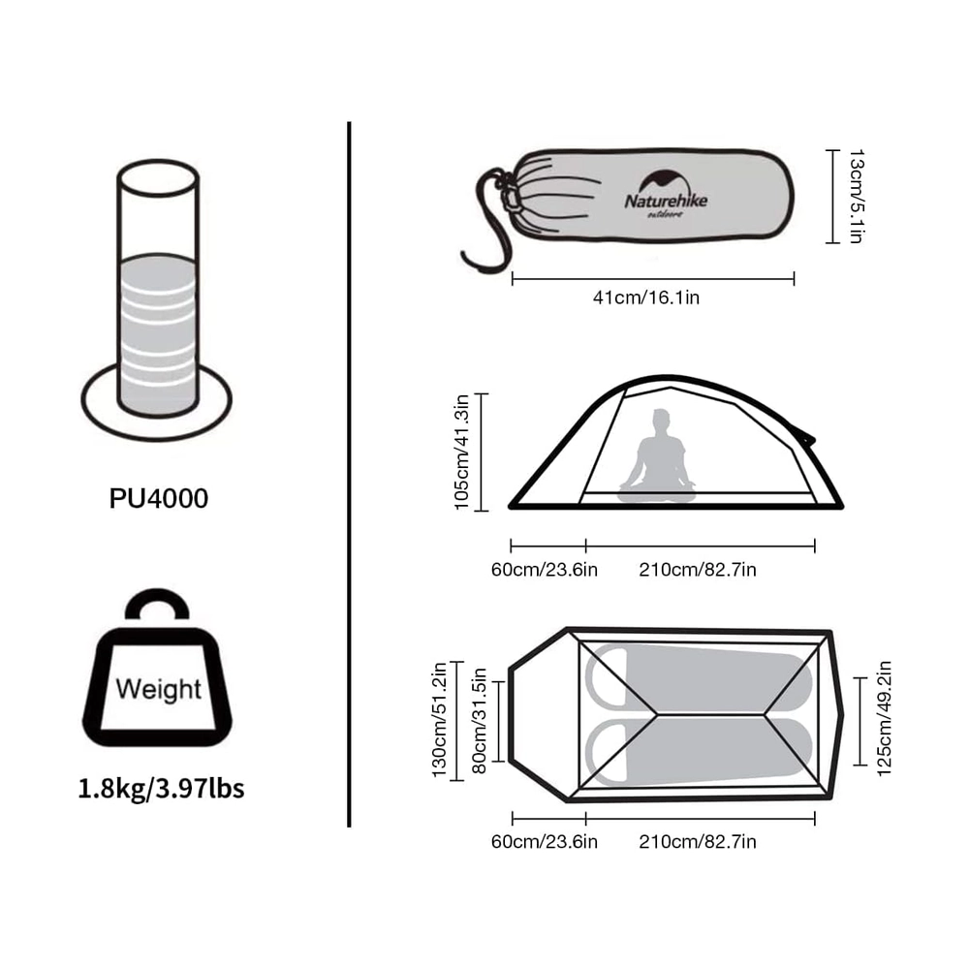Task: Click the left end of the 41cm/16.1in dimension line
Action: click(513, 279)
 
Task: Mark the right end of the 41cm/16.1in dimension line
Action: click(795, 279)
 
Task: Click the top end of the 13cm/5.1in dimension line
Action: click(833, 150)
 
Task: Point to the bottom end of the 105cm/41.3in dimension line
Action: click(482, 511)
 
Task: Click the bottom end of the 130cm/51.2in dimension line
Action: click(456, 780)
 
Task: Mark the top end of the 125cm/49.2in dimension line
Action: click(860, 678)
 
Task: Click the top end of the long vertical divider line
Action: click(349, 122)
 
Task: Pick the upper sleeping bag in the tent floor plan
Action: click(699, 678)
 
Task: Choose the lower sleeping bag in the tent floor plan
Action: click(699, 752)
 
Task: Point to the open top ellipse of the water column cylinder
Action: click(158, 178)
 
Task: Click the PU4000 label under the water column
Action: click(159, 498)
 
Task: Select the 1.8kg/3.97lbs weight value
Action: click(161, 789)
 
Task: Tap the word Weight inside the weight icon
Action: click(158, 689)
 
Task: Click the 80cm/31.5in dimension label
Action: click(480, 721)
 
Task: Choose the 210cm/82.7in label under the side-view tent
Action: click(698, 569)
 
